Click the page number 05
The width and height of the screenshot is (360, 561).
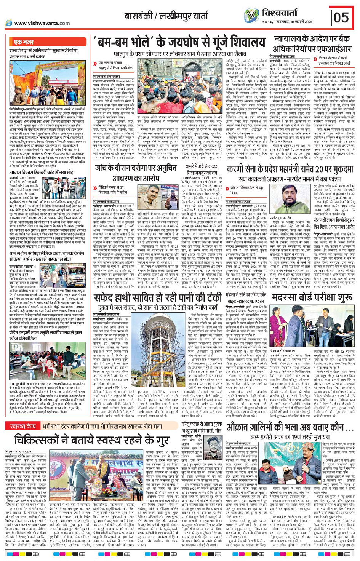[341, 17]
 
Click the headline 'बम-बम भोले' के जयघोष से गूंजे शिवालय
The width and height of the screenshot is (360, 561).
[180, 42]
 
